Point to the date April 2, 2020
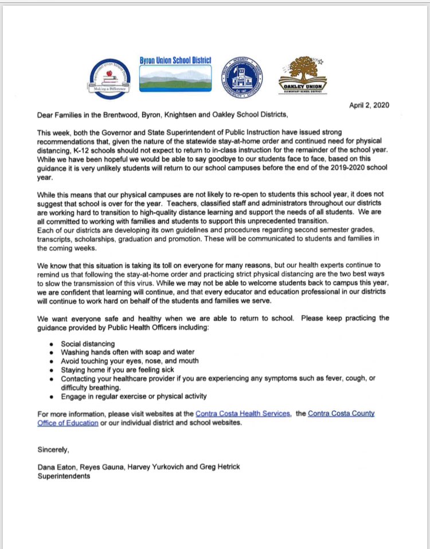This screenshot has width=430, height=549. pyautogui.click(x=369, y=105)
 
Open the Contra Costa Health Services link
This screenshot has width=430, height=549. pyautogui.click(x=243, y=414)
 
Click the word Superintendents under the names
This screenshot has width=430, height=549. pyautogui.click(x=64, y=476)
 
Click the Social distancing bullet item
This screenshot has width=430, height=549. pyautogui.click(x=88, y=344)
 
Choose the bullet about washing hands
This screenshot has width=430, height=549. pyautogui.click(x=127, y=352)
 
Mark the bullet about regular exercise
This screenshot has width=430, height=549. pyautogui.click(x=134, y=396)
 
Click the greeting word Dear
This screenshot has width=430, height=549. pyautogui.click(x=46, y=115)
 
